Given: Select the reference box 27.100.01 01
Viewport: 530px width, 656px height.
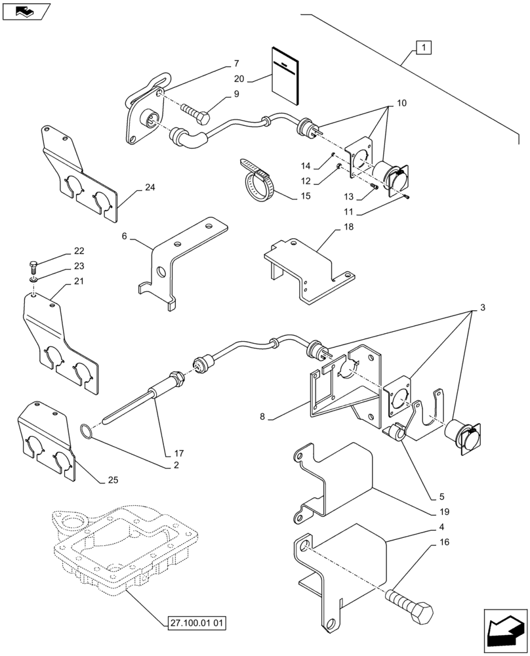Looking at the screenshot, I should coord(196,623).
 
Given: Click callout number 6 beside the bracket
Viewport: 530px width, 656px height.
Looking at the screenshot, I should coord(125,236).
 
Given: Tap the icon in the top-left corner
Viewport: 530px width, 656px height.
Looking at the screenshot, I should coord(26,11).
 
